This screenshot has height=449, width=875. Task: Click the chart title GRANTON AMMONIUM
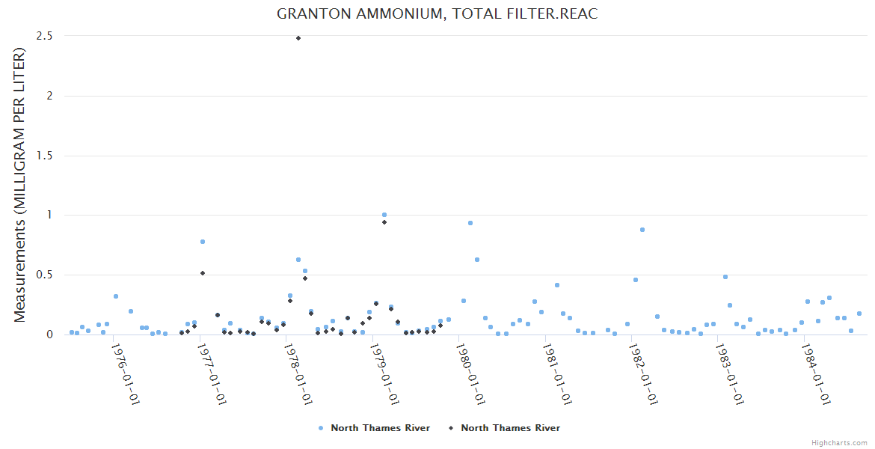click(x=437, y=14)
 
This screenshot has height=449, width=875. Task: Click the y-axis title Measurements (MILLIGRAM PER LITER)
click(x=20, y=185)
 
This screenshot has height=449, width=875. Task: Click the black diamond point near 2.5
click(x=298, y=38)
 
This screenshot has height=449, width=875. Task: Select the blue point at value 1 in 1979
click(x=384, y=215)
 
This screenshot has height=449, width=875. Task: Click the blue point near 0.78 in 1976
click(x=203, y=242)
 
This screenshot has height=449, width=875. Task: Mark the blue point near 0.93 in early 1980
click(x=470, y=223)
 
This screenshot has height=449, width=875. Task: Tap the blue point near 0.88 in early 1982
click(x=642, y=230)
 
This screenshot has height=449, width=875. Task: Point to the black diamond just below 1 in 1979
click(x=384, y=222)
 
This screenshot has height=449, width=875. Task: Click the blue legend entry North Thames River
click(x=374, y=428)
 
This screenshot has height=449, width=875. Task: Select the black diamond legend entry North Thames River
click(x=504, y=428)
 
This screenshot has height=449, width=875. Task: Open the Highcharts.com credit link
click(x=839, y=442)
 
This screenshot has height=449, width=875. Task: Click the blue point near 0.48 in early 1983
click(x=725, y=277)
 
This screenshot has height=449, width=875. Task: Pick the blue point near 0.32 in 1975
click(x=116, y=296)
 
